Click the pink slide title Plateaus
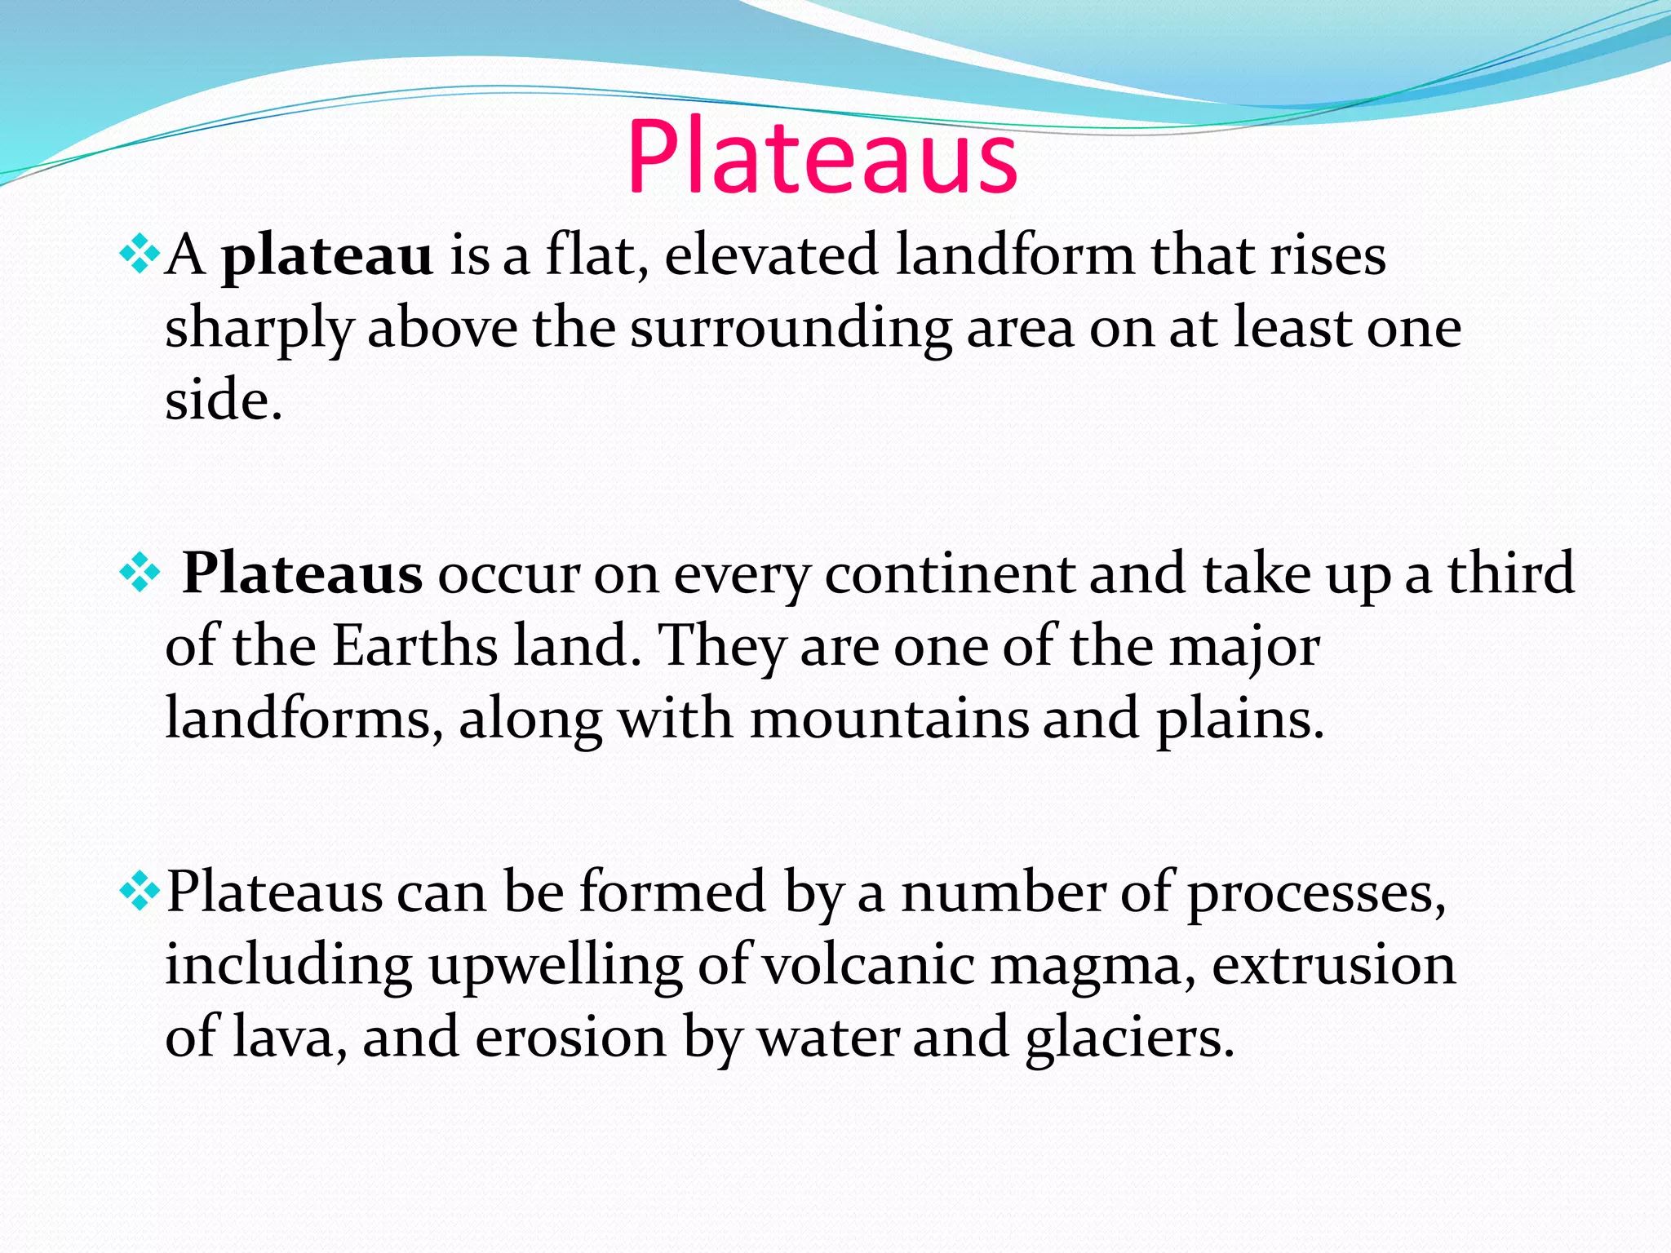point(822,157)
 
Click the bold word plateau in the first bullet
point(327,256)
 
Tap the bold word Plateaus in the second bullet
point(302,573)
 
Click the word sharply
point(258,330)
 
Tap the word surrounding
point(790,330)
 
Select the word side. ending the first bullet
point(224,401)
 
